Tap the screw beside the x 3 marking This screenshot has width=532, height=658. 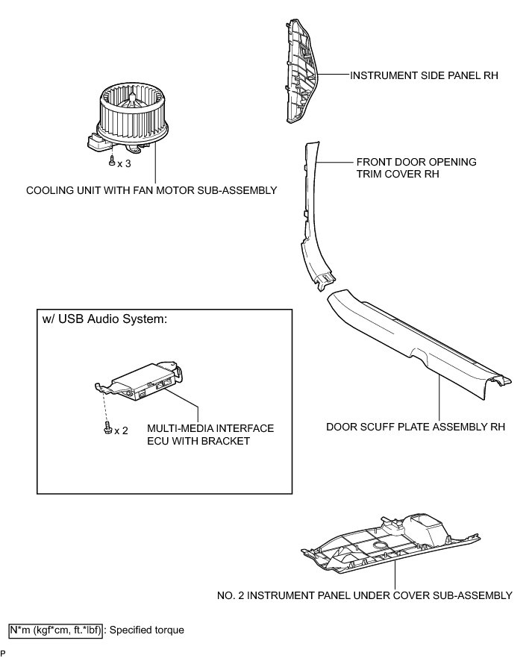click(111, 161)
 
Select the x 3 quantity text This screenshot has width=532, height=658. click(124, 163)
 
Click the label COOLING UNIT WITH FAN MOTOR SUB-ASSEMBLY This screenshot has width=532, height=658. click(151, 190)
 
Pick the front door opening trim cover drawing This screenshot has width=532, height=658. click(313, 216)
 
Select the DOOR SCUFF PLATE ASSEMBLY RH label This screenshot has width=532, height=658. click(416, 427)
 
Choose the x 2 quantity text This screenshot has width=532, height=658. click(121, 430)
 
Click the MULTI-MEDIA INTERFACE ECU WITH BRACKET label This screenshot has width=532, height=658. click(210, 434)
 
